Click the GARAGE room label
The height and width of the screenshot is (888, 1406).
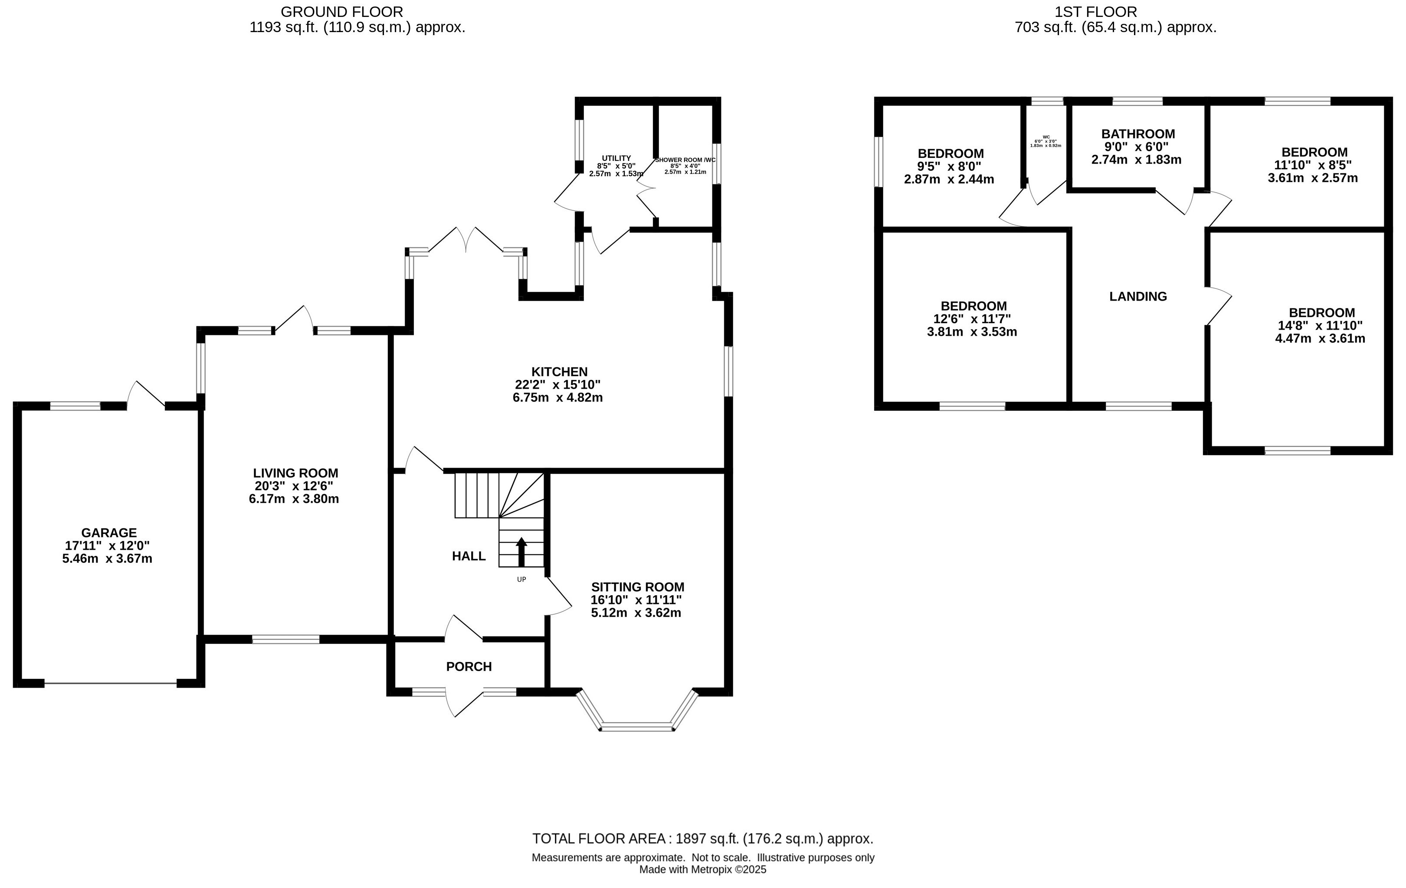tap(108, 532)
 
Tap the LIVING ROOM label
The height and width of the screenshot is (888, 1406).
tap(295, 473)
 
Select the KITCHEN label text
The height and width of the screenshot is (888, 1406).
tap(559, 371)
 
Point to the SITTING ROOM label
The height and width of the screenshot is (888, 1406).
tap(638, 587)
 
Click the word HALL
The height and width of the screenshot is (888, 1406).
tap(469, 556)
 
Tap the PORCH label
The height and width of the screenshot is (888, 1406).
tap(469, 666)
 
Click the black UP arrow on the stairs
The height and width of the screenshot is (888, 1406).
tap(521, 552)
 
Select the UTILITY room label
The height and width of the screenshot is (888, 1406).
tap(616, 158)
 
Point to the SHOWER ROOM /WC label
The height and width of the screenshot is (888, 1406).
tap(685, 160)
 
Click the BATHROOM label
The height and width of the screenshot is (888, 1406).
tap(1138, 134)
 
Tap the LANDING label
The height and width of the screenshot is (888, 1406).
tap(1138, 296)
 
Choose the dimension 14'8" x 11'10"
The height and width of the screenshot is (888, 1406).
tap(1320, 325)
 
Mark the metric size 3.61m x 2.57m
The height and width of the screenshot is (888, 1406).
tap(1313, 177)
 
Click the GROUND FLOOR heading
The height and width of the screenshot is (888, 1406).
tap(341, 12)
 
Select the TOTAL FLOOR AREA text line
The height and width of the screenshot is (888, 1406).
tap(703, 839)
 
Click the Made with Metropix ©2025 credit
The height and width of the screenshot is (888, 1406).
tap(703, 869)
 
